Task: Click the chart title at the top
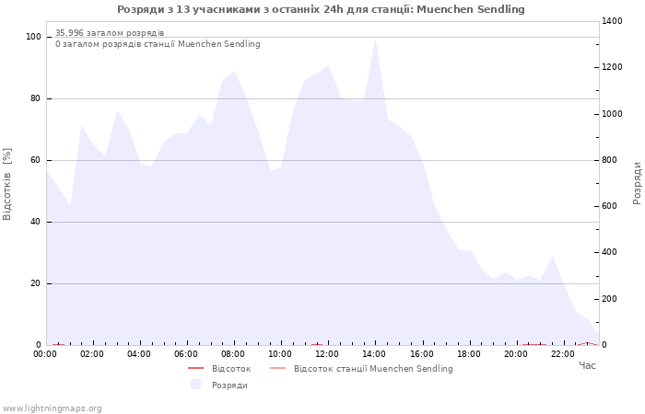(x=321, y=9)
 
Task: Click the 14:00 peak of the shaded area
(x=375, y=40)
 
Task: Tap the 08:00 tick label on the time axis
(x=233, y=354)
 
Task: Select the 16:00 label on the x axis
(x=422, y=354)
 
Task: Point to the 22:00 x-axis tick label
(x=563, y=354)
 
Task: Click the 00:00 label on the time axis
(x=45, y=354)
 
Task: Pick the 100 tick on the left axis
(x=33, y=37)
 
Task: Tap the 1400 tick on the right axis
(x=612, y=21)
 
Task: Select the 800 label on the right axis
(x=610, y=160)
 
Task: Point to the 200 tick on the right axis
(x=610, y=299)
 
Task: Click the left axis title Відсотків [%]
(x=7, y=184)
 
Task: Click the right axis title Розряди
(x=637, y=183)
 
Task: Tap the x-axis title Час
(x=587, y=365)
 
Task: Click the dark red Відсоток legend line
(x=195, y=368)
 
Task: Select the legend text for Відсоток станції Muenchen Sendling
(x=373, y=369)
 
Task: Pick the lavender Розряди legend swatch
(x=195, y=385)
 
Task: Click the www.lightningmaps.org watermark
(x=52, y=408)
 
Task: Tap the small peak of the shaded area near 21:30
(x=552, y=258)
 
